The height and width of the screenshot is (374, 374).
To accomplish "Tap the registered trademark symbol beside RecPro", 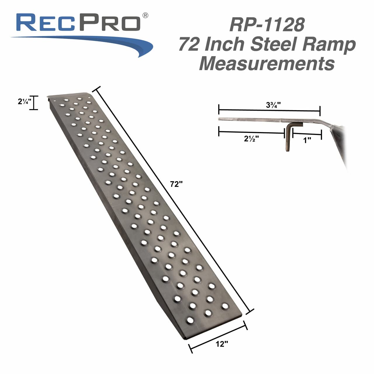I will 145,15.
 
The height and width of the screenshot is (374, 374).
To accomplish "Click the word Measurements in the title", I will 267,63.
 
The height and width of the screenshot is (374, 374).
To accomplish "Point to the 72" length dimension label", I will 176,184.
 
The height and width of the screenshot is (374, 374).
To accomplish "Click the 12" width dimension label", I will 222,344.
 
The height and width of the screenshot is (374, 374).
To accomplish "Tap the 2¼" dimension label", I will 24,102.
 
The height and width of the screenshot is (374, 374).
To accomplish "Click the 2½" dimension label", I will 251,139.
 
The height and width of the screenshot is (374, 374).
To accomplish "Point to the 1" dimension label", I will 307,140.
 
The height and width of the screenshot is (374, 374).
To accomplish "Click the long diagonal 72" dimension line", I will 172,199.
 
